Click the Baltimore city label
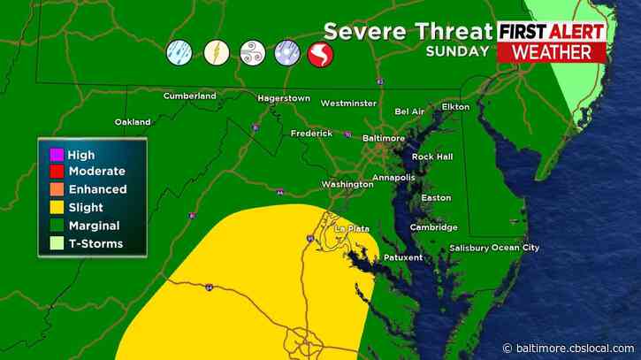coord(385,139)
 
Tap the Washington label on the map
coord(347,184)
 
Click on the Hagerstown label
coord(283,98)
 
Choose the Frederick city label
coord(311,134)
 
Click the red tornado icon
coord(320,55)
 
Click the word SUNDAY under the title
coord(457,51)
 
